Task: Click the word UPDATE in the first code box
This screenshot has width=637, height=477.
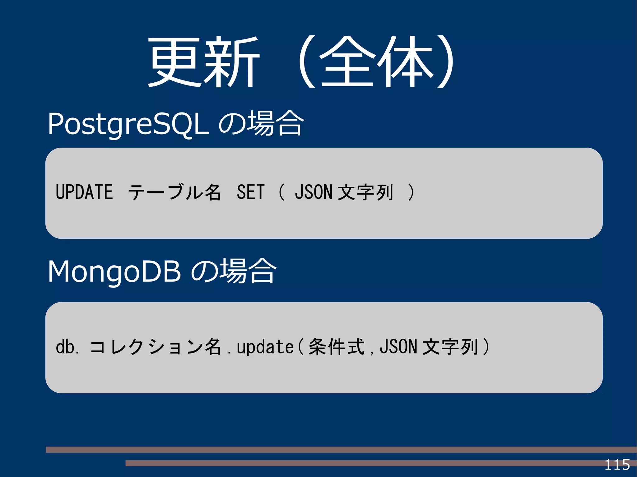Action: pos(84,192)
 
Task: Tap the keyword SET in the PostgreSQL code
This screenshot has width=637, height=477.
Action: pos(250,192)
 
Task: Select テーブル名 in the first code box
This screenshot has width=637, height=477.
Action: pos(174,192)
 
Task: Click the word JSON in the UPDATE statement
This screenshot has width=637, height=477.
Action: pos(314,192)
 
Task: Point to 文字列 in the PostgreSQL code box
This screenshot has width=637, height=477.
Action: pos(365,192)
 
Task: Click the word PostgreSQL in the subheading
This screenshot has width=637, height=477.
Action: pos(128,124)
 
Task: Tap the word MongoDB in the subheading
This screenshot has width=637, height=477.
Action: pos(114,272)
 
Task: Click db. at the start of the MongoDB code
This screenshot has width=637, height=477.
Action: pos(67,347)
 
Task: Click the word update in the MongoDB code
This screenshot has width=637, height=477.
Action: pos(265,347)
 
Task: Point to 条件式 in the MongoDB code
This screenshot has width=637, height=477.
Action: pos(336,347)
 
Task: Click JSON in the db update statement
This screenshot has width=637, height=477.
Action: pos(398,347)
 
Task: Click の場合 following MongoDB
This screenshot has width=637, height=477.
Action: pos(233,272)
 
